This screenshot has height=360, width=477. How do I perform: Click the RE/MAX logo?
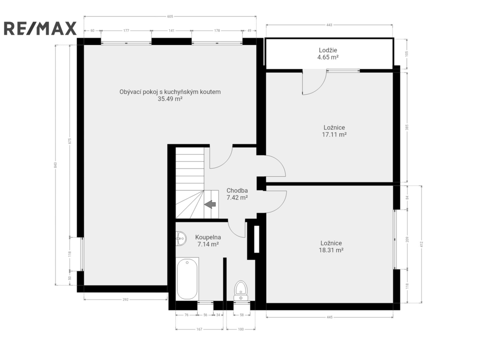point(40,28)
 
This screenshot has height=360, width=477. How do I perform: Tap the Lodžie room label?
point(328,50)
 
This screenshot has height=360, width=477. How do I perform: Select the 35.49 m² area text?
point(170,99)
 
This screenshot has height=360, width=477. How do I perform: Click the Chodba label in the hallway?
point(237,191)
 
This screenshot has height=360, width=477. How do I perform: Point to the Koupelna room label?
point(208,237)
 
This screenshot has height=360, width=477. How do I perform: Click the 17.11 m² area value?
point(334,135)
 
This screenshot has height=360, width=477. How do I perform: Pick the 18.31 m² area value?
point(331,250)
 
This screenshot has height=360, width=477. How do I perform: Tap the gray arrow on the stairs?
point(210,204)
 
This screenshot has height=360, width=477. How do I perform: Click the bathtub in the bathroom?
point(188,278)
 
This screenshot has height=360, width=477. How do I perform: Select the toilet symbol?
point(241,291)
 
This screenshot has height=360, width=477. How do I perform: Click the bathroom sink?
point(181,238)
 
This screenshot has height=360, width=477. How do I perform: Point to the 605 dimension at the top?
point(170,16)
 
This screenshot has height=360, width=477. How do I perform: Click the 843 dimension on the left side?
point(55,165)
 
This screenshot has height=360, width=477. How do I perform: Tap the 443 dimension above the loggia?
point(329,25)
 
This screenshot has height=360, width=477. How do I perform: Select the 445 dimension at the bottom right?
point(329,317)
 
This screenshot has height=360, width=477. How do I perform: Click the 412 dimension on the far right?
point(422,244)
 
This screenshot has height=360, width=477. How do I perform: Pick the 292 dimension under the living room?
point(126,300)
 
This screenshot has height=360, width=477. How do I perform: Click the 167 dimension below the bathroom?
point(199,329)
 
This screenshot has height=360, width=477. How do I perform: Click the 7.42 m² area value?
point(237,198)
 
